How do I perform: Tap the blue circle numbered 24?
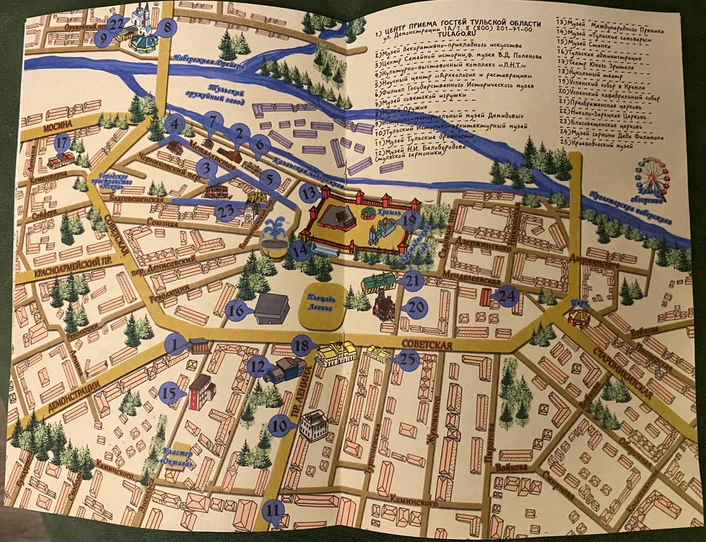(x=506, y=296)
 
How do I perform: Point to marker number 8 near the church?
(x=168, y=28)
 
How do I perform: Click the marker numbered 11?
(x=273, y=510)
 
